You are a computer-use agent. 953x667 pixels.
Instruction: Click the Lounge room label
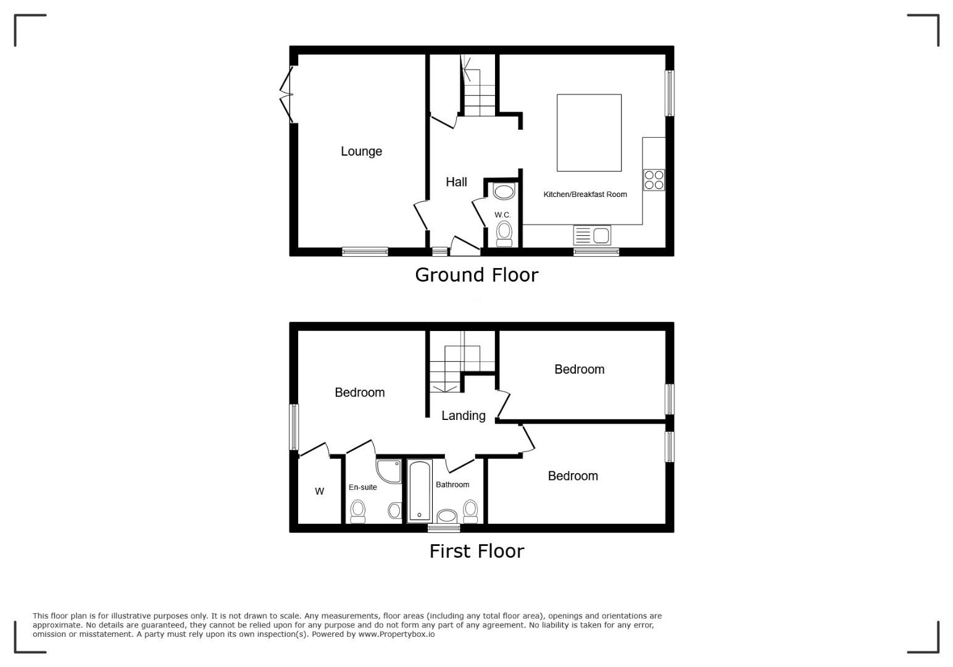pos(361,151)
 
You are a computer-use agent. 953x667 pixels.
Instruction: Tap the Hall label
pos(456,182)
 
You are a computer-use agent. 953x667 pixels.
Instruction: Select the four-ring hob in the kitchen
pos(654,180)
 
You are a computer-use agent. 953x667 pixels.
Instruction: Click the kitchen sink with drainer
pos(592,235)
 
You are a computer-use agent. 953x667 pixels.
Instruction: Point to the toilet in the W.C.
pos(504,233)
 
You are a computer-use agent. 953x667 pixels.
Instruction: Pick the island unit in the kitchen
pos(589,133)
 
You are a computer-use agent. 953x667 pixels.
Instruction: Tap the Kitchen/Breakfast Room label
pos(585,195)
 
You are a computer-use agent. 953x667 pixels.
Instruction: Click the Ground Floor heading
pos(476,275)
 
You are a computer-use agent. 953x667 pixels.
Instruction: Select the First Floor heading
pos(476,552)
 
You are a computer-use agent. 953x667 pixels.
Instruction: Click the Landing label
pos(464,416)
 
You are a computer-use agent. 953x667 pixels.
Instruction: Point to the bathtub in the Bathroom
pos(420,491)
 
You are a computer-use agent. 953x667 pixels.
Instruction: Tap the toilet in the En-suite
pos(358,511)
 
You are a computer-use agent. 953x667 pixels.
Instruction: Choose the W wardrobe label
pos(320,491)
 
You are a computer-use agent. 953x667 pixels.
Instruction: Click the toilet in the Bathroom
pos(470,511)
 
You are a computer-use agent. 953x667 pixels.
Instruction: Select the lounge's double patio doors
pos(287,94)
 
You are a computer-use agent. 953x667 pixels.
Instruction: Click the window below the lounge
pos(365,252)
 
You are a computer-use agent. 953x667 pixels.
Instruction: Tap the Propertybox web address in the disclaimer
pos(396,634)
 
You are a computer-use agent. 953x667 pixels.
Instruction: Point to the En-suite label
pos(363,487)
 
